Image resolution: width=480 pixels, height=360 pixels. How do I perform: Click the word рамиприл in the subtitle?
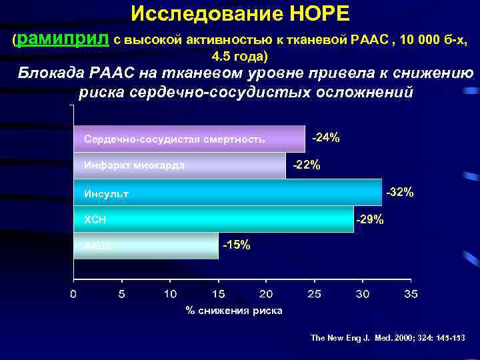click(x=63, y=39)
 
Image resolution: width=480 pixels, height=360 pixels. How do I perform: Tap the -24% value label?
click(x=326, y=137)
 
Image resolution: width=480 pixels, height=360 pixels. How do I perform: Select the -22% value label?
click(x=307, y=165)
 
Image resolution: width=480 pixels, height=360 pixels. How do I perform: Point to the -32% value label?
click(x=400, y=192)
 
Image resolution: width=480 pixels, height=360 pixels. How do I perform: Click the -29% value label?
click(x=370, y=219)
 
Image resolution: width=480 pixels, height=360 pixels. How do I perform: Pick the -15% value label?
click(x=237, y=245)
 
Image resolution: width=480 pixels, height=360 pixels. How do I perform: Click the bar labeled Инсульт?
click(x=227, y=193)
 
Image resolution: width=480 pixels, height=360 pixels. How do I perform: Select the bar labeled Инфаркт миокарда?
click(x=179, y=165)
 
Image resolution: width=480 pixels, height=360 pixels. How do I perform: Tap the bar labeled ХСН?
click(x=213, y=219)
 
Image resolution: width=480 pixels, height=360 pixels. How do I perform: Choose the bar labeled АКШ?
click(x=145, y=245)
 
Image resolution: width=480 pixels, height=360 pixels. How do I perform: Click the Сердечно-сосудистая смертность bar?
click(x=189, y=139)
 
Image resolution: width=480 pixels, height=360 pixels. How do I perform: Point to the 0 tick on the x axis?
click(x=73, y=294)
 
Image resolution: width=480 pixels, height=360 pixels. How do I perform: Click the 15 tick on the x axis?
click(x=218, y=294)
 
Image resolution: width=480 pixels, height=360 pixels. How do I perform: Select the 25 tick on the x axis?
click(x=314, y=294)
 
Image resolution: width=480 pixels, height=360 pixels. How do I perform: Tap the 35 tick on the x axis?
click(x=411, y=294)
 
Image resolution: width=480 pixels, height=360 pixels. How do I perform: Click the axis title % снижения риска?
click(x=234, y=311)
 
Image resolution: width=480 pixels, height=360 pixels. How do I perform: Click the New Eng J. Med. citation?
click(x=388, y=338)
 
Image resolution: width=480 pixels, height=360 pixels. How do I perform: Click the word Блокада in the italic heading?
click(x=51, y=73)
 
